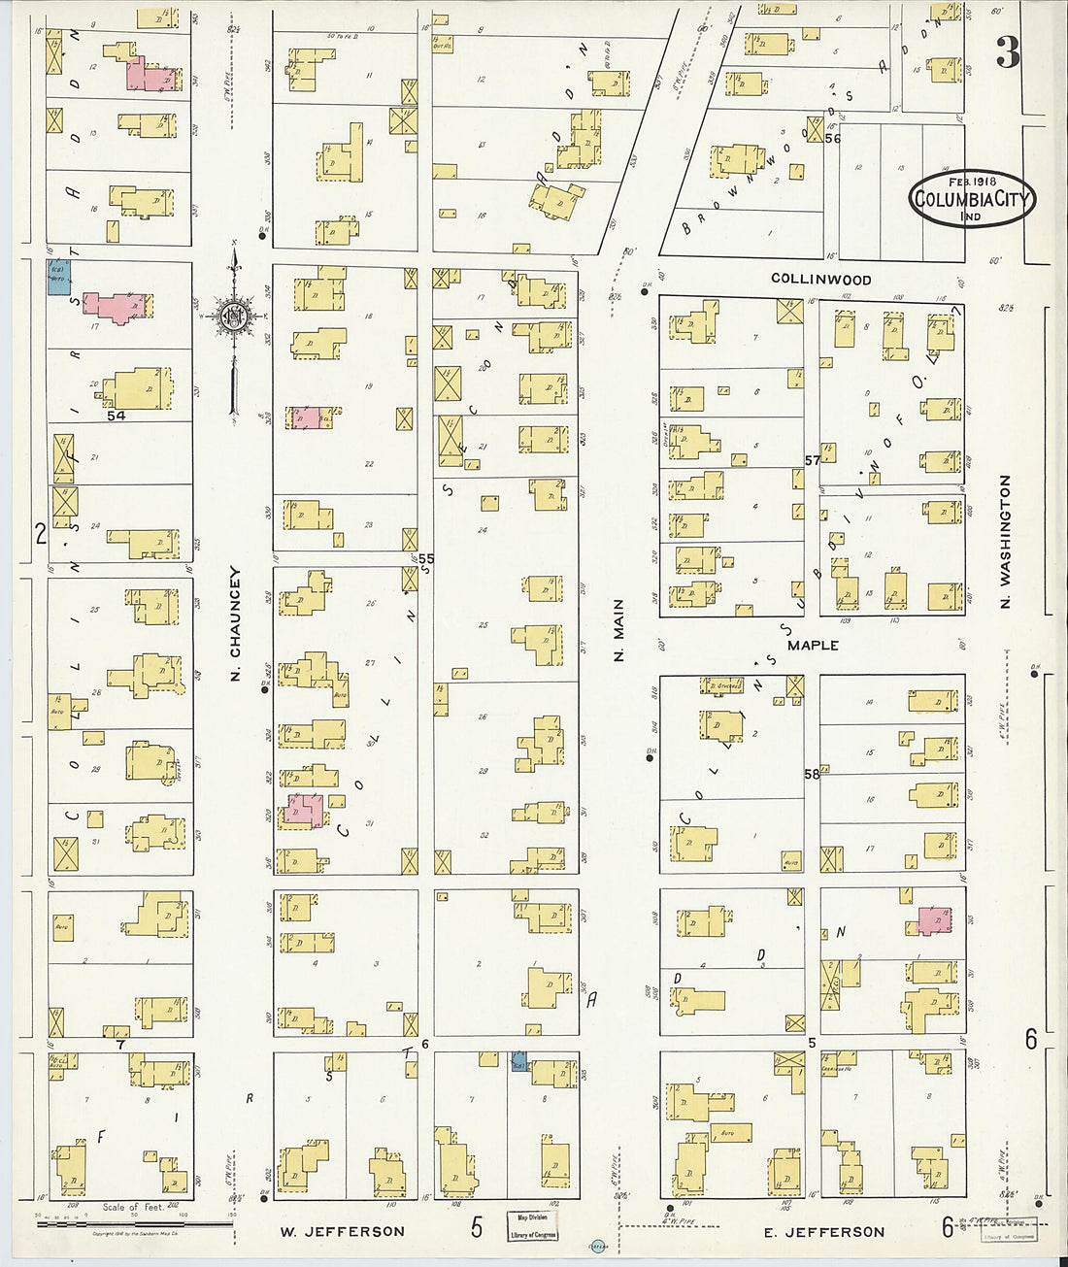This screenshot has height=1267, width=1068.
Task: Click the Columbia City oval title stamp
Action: pyautogui.click(x=973, y=199)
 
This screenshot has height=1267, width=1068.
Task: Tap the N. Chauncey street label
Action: pyautogui.click(x=235, y=624)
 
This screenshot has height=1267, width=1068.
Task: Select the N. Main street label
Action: pyautogui.click(x=618, y=631)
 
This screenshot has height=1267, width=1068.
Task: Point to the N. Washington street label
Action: pyautogui.click(x=1005, y=542)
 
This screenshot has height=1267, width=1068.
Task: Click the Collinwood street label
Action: pyautogui.click(x=820, y=279)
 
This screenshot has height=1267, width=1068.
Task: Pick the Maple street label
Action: pyautogui.click(x=813, y=645)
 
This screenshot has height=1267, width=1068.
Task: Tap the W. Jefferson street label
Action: pyautogui.click(x=343, y=1231)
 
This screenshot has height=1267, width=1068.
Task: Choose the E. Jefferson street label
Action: pyautogui.click(x=822, y=1231)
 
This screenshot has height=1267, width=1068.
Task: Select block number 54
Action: pyautogui.click(x=117, y=416)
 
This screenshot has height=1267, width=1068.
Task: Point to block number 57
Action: pyautogui.click(x=812, y=460)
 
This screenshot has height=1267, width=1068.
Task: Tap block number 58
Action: pyautogui.click(x=812, y=774)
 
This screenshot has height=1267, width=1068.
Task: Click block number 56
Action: pyautogui.click(x=832, y=139)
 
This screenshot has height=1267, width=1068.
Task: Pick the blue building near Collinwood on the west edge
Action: pyautogui.click(x=58, y=276)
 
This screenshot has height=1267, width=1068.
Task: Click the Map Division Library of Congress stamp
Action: pyautogui.click(x=532, y=1225)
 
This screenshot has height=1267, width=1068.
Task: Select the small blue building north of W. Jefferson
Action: pyautogui.click(x=519, y=1062)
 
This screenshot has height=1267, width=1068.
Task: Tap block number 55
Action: pyautogui.click(x=426, y=559)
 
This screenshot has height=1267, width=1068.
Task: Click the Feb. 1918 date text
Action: pyautogui.click(x=971, y=182)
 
